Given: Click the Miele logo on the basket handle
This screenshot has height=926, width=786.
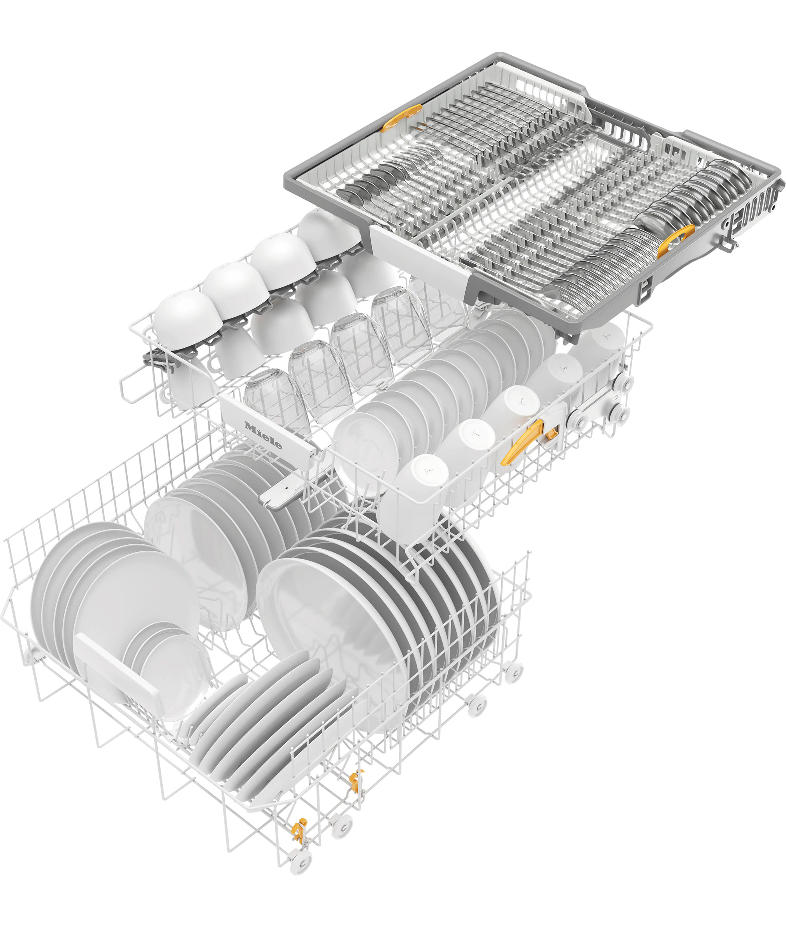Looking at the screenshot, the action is [263, 435].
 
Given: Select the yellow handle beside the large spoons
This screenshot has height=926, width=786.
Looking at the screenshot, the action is [675, 241].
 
